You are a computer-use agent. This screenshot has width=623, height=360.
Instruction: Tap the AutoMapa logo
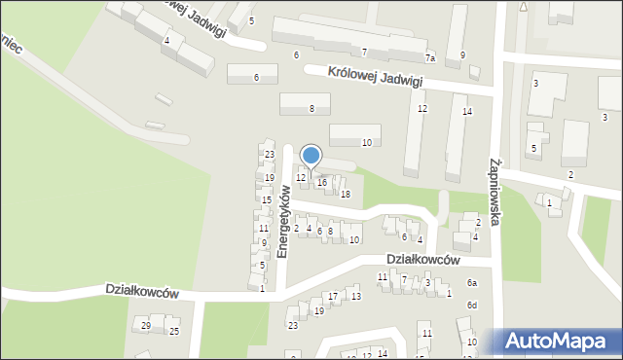coord(556,342)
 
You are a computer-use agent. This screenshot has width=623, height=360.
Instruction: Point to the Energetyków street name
coord(283,223)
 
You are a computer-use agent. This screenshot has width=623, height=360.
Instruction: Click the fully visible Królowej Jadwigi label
coord(375,77)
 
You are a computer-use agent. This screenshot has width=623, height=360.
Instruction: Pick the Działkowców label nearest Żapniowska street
coord(422,259)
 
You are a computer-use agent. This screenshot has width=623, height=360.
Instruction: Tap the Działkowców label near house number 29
coord(142,292)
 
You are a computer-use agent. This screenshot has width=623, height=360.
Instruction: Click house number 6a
coord(472,282)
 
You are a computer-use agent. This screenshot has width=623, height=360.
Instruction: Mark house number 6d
coord(472,306)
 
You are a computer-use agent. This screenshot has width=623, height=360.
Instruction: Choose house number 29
coord(146,325)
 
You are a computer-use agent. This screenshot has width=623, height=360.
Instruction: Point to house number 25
coord(174,332)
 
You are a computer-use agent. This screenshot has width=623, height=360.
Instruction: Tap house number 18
coord(345,194)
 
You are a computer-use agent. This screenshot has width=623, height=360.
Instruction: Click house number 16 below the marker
coord(322,183)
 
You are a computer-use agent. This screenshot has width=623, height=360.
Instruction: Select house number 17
coord(333,296)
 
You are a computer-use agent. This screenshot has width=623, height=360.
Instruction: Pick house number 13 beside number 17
coord(356,296)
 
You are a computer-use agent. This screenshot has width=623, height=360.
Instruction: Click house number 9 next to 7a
coord(462,54)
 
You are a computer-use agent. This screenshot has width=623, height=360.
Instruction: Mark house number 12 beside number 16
coord(301,176)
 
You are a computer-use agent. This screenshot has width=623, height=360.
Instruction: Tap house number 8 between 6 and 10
coord(330,231)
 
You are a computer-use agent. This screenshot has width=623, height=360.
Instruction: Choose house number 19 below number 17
coord(318,311)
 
